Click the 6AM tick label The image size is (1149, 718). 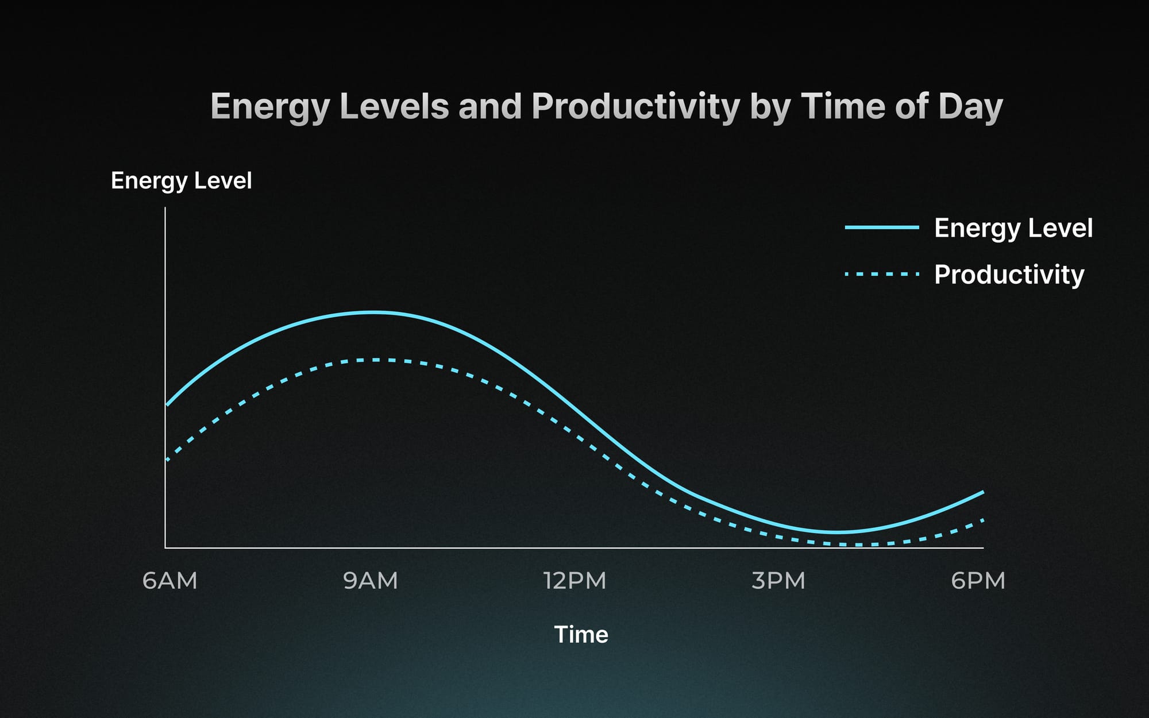[x=169, y=581]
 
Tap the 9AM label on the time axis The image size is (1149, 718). [x=371, y=581]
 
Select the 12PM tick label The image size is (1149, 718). [x=574, y=581]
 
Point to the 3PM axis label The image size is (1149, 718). [x=778, y=581]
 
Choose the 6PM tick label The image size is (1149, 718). [x=978, y=581]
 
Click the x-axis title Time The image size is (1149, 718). [x=581, y=635]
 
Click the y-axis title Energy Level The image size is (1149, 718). [x=181, y=181]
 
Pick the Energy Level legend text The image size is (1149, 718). [x=1013, y=228]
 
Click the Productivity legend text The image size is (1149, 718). [x=1009, y=275]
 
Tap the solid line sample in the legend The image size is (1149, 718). [x=882, y=227]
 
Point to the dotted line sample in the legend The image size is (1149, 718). [x=882, y=275]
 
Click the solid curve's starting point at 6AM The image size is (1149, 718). [x=167, y=406]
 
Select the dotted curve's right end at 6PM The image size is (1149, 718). [x=983, y=520]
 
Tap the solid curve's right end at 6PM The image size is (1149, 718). [x=984, y=492]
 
